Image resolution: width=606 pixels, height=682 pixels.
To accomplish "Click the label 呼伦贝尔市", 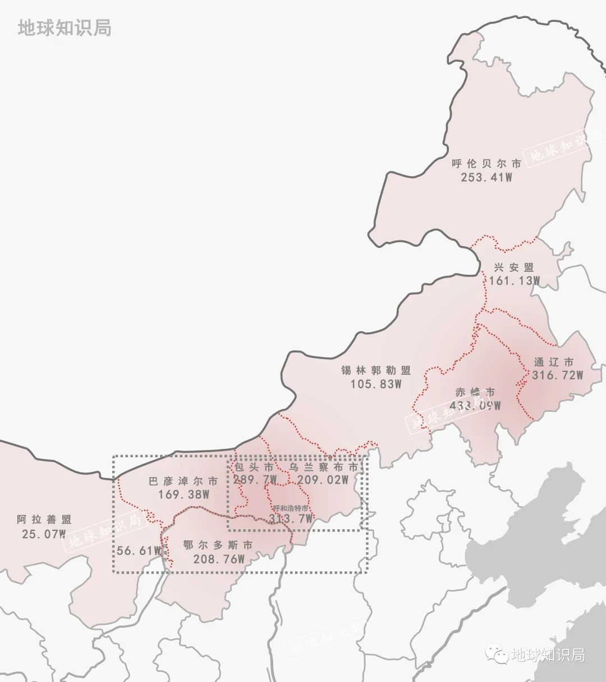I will pos(486,164).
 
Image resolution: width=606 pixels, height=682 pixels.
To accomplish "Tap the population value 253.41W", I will pos(486,178).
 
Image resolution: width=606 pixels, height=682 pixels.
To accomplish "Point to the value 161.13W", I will pos(514,281).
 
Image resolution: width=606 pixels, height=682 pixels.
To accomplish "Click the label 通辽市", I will pos(554,362).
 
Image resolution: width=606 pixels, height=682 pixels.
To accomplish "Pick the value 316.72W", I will pos(558,375).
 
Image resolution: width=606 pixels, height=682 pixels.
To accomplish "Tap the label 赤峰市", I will pos(475,392).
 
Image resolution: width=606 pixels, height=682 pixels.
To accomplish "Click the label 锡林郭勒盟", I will pos(376,371).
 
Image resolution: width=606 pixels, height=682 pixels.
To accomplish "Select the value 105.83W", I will pos(376,384).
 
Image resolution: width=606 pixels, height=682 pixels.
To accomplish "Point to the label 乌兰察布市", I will pos(324,467).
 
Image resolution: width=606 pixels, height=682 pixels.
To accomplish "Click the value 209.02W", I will pos(323,480).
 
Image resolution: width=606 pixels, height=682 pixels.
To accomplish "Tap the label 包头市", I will pos(254,467).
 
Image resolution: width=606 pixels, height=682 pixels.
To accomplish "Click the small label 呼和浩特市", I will pos(290,508).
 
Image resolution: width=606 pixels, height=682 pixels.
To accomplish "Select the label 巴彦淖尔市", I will pos(183,481).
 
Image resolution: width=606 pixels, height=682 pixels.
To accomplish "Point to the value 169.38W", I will pos(184,495).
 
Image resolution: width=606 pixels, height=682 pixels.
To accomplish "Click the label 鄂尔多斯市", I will pos(218,545).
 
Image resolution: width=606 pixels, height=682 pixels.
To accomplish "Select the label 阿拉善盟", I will pos(44,520).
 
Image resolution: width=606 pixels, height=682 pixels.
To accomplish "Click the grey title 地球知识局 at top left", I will pos(65,28).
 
